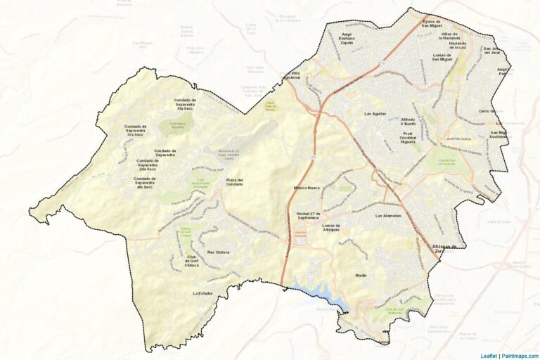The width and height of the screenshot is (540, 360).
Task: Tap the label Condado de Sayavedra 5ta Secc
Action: pyautogui.click(x=185, y=104)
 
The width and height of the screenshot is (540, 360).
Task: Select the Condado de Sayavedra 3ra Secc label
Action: pyautogui.click(x=134, y=131)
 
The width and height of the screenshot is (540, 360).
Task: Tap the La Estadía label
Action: pyautogui.click(x=202, y=292)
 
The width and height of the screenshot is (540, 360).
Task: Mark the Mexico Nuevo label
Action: pyautogui.click(x=307, y=188)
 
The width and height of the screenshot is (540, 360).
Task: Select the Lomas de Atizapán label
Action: pyautogui.click(x=326, y=229)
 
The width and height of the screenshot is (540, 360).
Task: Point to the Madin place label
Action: pyautogui.click(x=361, y=276)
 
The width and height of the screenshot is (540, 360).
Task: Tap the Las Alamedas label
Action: pyautogui.click(x=388, y=215)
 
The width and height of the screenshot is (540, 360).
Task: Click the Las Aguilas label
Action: pyautogui.click(x=375, y=114)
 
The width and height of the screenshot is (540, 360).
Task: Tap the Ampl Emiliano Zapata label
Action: pyautogui.click(x=346, y=38)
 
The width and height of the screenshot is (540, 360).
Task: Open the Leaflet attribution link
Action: pyautogui.click(x=488, y=355)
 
